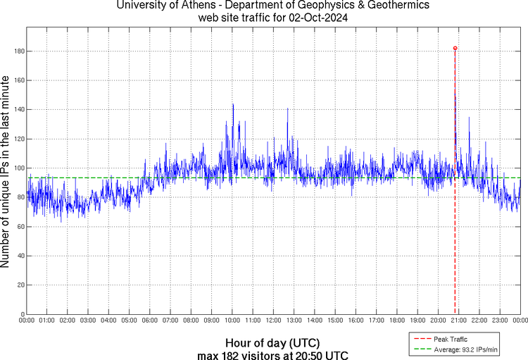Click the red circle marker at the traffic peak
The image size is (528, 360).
point(455,48)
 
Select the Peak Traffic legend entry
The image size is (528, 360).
point(450,340)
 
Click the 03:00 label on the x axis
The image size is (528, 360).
point(88,321)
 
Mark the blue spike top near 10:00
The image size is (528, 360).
point(232,104)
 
